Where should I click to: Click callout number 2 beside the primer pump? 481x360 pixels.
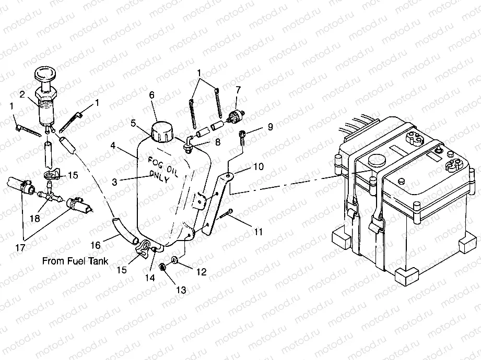pyautogui.click(x=22, y=94)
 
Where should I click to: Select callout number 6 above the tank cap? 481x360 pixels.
pyautogui.click(x=152, y=95)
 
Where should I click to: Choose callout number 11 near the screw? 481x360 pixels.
pyautogui.click(x=258, y=231)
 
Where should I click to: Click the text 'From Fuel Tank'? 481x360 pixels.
pyautogui.click(x=76, y=261)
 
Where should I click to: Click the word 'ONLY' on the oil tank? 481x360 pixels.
pyautogui.click(x=160, y=176)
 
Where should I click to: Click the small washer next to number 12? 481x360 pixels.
pyautogui.click(x=174, y=259)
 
